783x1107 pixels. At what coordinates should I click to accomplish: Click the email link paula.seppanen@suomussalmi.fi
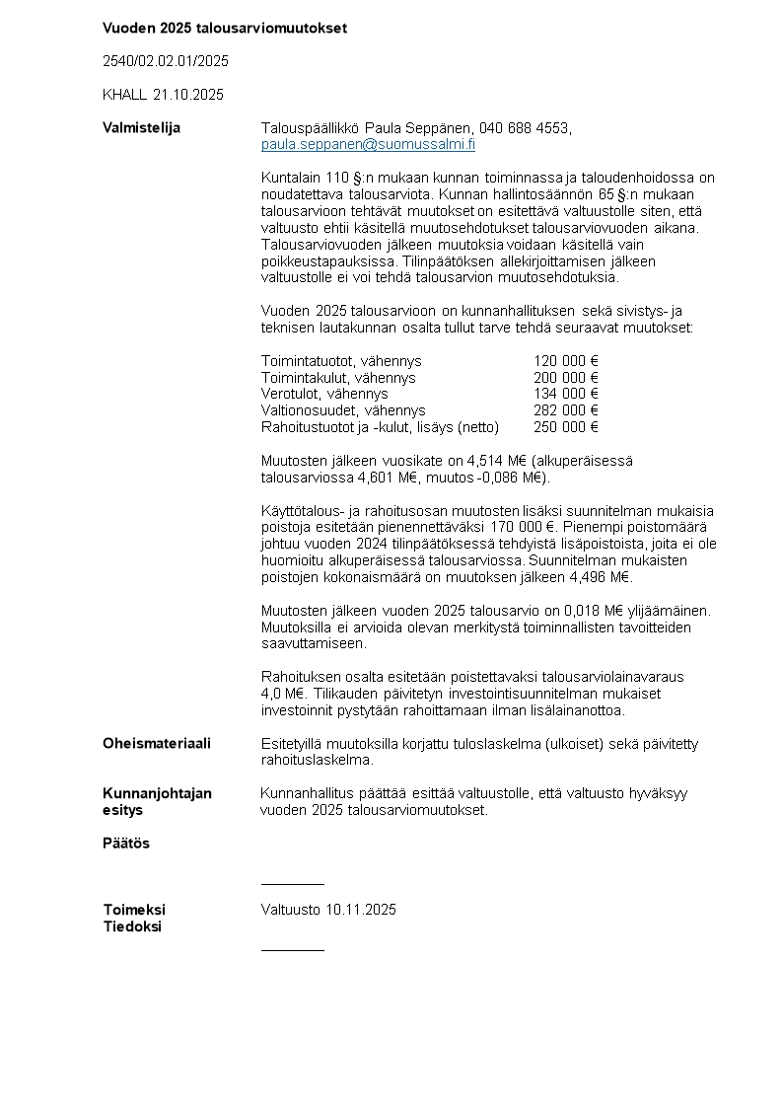pyautogui.click(x=368, y=144)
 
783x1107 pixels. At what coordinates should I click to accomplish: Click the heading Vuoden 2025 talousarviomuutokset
pyautogui.click(x=225, y=28)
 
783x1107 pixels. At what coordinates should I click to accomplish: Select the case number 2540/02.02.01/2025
pyautogui.click(x=166, y=61)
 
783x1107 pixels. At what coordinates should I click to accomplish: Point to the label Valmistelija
pyautogui.click(x=141, y=127)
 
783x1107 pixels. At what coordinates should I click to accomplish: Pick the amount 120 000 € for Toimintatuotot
pyautogui.click(x=566, y=361)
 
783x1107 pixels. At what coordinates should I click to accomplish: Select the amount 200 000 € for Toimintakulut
pyautogui.click(x=566, y=378)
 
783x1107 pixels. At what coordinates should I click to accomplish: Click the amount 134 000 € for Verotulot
pyautogui.click(x=566, y=394)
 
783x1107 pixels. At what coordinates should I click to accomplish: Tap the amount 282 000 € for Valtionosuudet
pyautogui.click(x=566, y=410)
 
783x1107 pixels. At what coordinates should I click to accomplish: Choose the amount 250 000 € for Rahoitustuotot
pyautogui.click(x=566, y=427)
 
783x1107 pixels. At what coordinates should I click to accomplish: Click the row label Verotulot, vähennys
pyautogui.click(x=324, y=394)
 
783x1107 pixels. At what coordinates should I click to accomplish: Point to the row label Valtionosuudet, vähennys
pyautogui.click(x=343, y=410)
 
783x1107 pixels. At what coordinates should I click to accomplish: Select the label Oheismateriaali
pyautogui.click(x=157, y=743)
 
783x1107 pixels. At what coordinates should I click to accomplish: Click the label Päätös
pyautogui.click(x=126, y=844)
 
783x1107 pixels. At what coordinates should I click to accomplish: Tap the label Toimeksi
pyautogui.click(x=134, y=910)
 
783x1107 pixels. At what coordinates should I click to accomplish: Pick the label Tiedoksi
pyautogui.click(x=132, y=926)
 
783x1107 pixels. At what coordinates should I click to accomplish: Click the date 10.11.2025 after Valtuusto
pyautogui.click(x=361, y=910)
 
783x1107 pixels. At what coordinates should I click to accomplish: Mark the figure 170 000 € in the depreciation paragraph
pyautogui.click(x=521, y=528)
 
